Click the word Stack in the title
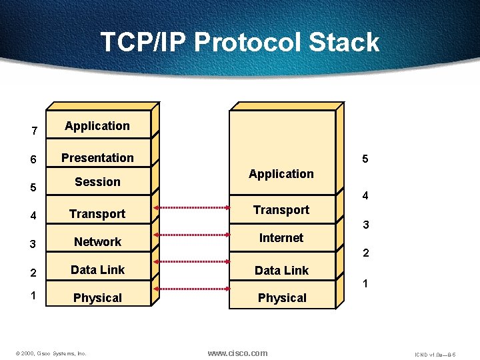[x=343, y=43]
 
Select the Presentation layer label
[x=97, y=158]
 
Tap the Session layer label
[x=97, y=182]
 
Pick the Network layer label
[x=97, y=242]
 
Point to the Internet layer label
[x=281, y=238]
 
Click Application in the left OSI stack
[x=97, y=126]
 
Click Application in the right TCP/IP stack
[x=281, y=174]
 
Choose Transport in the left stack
[x=97, y=214]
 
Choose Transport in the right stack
[x=281, y=210]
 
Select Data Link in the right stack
[x=281, y=271]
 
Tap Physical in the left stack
[x=97, y=298]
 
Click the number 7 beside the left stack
[x=34, y=131]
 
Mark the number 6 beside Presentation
[x=34, y=161]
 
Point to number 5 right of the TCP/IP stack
[x=365, y=159]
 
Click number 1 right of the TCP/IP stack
[x=365, y=284]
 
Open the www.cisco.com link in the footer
[x=237, y=353]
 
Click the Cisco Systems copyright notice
[x=51, y=353]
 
